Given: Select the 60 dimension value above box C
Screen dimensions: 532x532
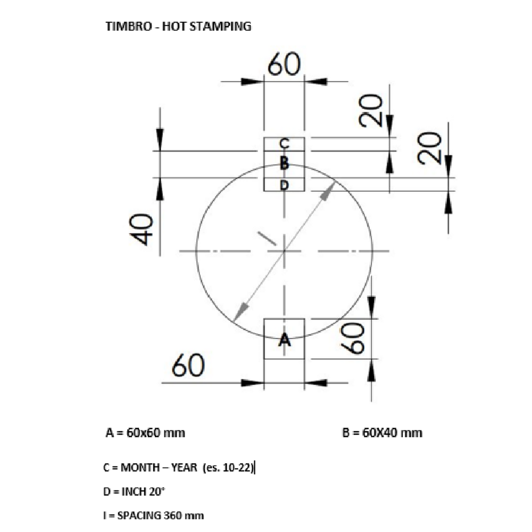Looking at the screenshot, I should tap(284, 64).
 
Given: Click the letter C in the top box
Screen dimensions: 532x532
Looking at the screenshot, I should tap(285, 143).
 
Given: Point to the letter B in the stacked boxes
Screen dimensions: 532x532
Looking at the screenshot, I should tap(285, 163).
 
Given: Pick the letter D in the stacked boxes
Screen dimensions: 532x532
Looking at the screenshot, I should tap(285, 185).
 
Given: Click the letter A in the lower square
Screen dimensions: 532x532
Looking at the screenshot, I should tap(285, 339).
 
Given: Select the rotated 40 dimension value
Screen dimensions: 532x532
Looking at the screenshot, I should tap(142, 229).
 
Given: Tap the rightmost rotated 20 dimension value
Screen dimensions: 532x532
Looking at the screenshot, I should tap(430, 148).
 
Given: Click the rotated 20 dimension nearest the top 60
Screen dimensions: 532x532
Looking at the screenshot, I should tap(371, 111).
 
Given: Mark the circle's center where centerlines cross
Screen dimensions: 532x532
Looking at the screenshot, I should tap(284, 250).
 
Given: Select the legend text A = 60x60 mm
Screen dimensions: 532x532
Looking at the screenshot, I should tap(146, 433).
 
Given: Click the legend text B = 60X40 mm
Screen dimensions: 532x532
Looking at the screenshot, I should tap(382, 433).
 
